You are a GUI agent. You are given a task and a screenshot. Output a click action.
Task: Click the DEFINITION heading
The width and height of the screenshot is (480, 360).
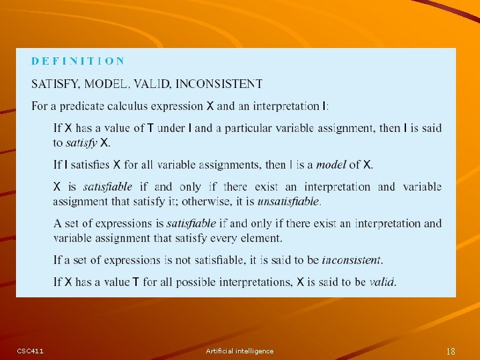(77, 61)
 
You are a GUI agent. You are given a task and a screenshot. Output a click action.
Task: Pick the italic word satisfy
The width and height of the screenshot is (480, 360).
(81, 143)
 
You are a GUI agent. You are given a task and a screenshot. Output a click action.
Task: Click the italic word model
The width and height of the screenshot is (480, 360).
(331, 165)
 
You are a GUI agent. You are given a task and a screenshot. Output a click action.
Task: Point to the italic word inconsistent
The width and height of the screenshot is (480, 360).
(351, 260)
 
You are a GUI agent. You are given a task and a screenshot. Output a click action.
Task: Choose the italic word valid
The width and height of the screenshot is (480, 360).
(382, 282)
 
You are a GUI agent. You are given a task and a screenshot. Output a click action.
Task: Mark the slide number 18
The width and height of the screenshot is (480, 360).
(451, 351)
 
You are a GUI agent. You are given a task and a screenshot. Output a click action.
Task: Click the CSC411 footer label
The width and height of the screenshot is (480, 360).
(30, 351)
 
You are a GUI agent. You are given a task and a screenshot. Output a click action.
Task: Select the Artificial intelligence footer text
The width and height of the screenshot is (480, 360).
(239, 351)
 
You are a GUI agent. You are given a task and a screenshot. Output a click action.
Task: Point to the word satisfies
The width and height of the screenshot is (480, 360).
(90, 165)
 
